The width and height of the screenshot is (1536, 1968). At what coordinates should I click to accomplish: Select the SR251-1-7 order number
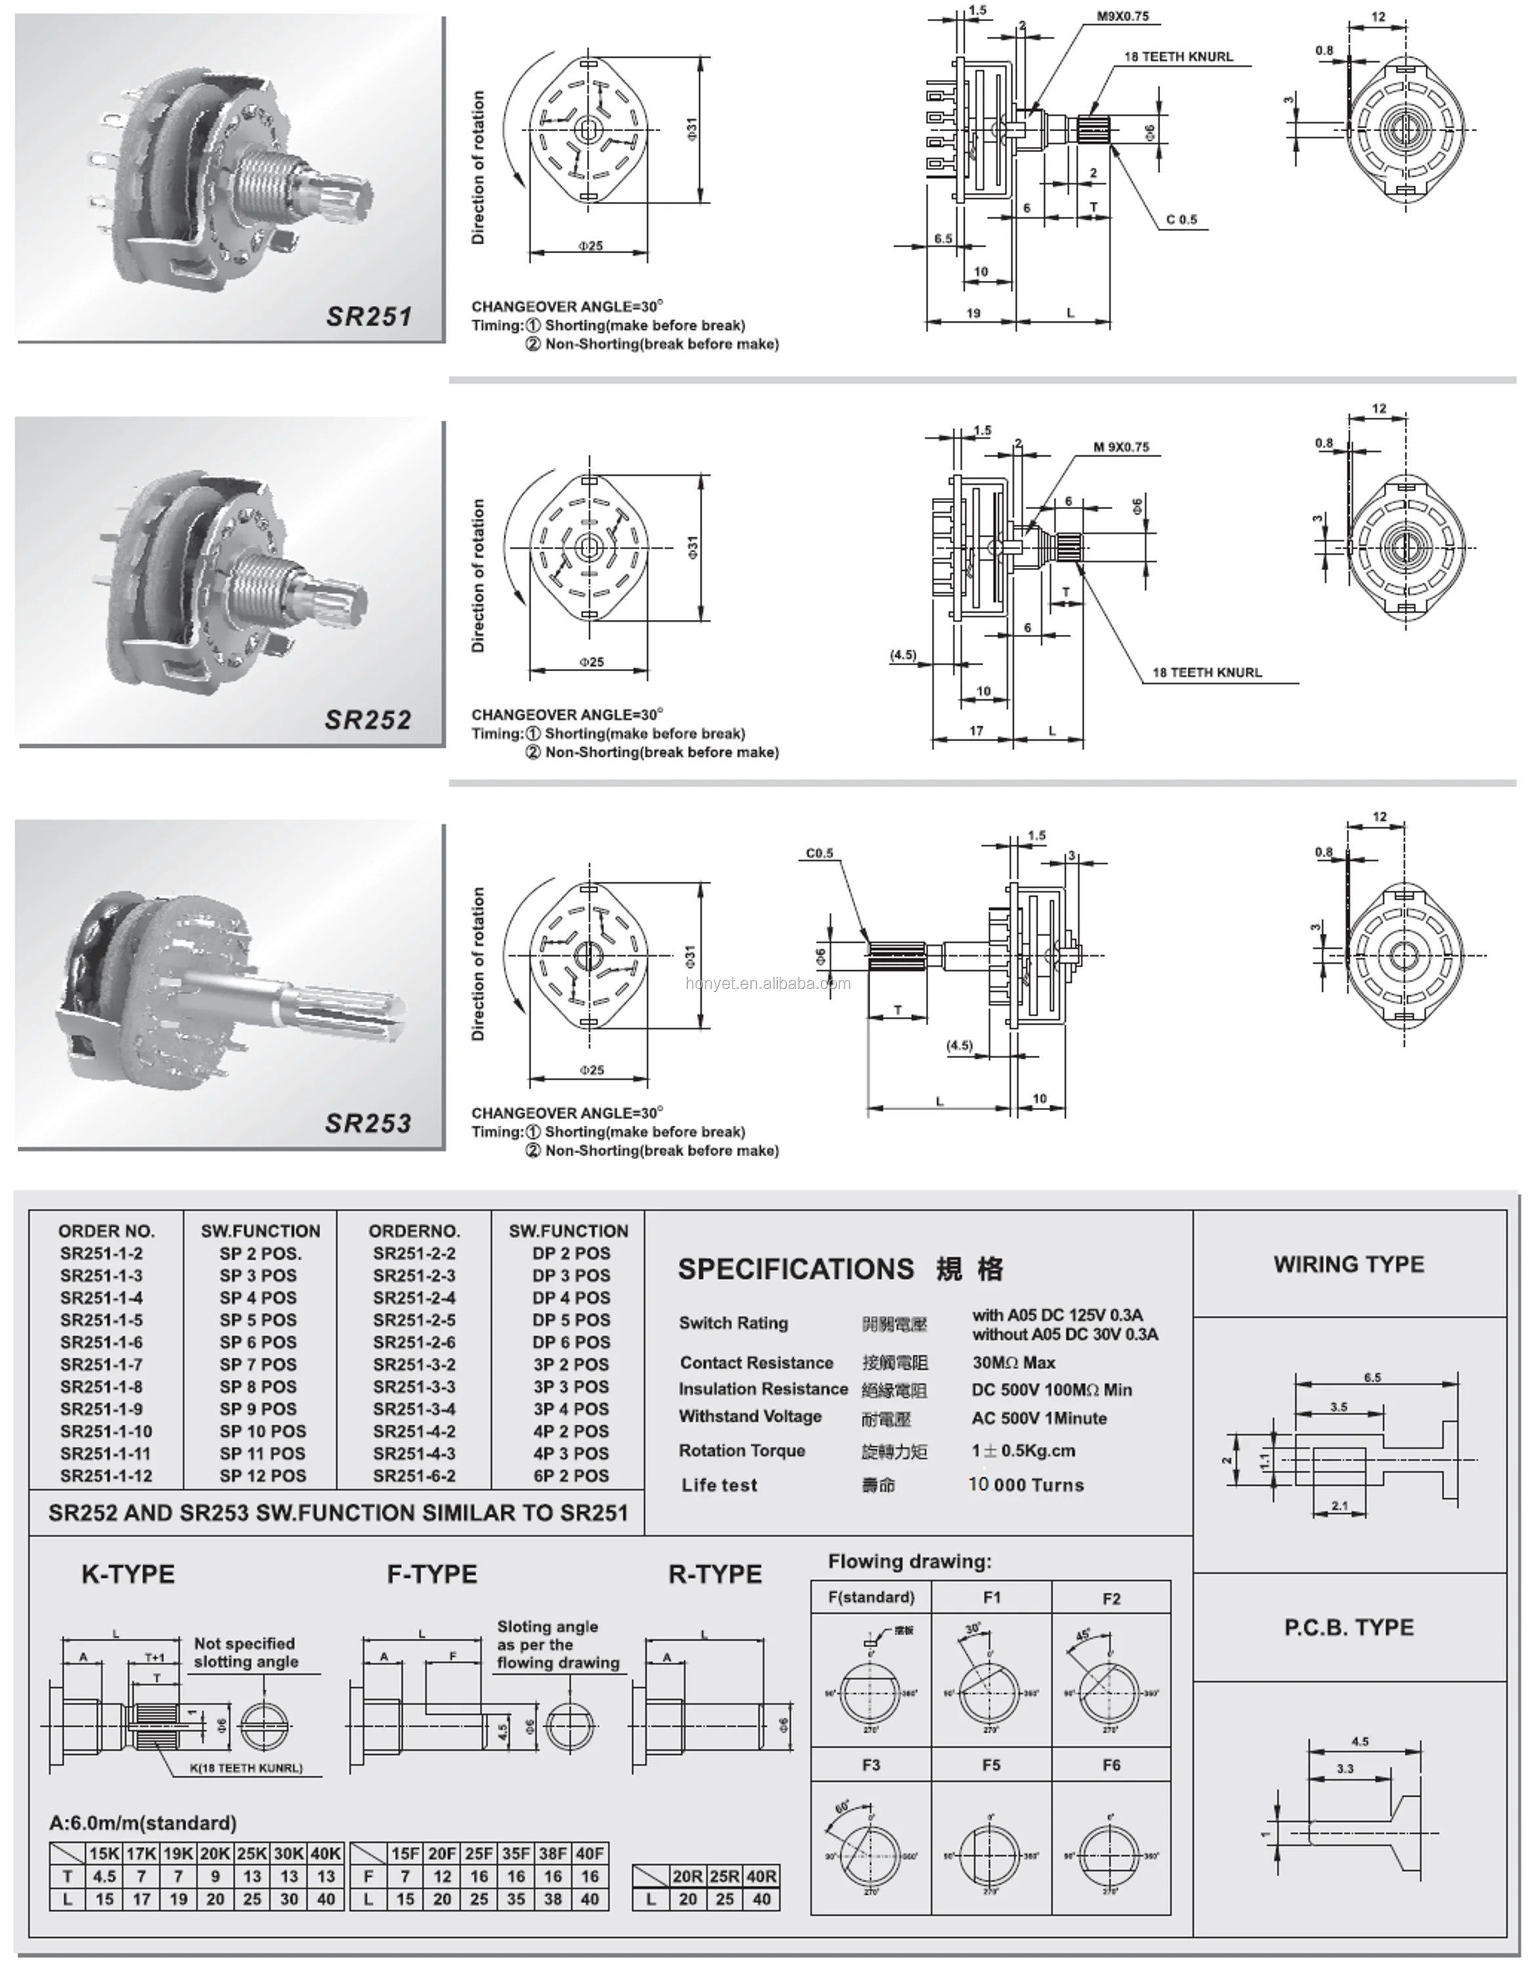pos(101,1364)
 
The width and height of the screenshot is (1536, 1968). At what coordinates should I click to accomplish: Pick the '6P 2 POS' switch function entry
pos(571,1476)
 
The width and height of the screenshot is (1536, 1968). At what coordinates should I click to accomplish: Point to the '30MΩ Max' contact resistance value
pos(1013,1363)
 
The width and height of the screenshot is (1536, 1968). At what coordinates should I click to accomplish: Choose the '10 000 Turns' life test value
pos(1026,1485)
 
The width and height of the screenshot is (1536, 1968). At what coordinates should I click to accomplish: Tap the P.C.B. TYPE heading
pos(1348,1628)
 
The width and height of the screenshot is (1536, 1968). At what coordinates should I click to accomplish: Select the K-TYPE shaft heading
pos(128,1574)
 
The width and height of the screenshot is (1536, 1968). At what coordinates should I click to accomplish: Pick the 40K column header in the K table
pos(326,1854)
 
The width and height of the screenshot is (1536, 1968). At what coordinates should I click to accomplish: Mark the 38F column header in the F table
pos(553,1854)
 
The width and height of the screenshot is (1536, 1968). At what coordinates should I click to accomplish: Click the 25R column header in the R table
pos(724,1876)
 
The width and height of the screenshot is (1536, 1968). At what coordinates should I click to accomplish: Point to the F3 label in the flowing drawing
pos(870,1765)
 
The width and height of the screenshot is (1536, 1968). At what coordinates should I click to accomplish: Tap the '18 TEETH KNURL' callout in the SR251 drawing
pos(1179,57)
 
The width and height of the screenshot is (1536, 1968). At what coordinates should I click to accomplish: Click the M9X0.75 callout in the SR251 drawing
pos(1123,16)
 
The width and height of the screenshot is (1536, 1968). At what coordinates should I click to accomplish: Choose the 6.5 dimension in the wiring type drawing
pos(1372,1378)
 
